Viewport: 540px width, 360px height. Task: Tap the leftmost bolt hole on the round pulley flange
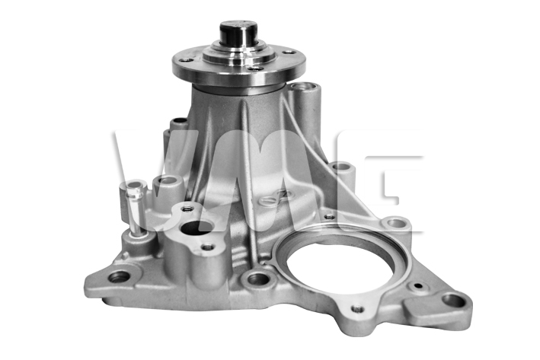[x=186, y=59]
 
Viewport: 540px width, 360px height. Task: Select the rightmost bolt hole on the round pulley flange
[x=288, y=53]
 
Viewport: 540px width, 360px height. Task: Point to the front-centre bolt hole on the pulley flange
[x=256, y=68]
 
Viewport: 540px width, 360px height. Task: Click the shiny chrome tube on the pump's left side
[x=136, y=209]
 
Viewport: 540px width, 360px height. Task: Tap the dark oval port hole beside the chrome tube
[x=197, y=228]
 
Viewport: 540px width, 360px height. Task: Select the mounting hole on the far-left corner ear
[x=118, y=276]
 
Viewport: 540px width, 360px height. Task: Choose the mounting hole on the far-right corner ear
[x=453, y=300]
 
